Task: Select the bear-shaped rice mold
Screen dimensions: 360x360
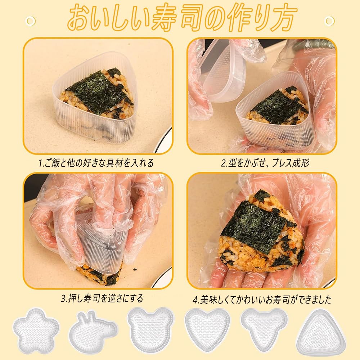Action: click(150, 328)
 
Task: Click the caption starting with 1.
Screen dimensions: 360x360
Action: click(96, 163)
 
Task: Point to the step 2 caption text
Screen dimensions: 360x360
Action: click(265, 163)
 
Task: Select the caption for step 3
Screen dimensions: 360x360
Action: click(102, 298)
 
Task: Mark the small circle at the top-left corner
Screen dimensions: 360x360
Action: click(31, 20)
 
